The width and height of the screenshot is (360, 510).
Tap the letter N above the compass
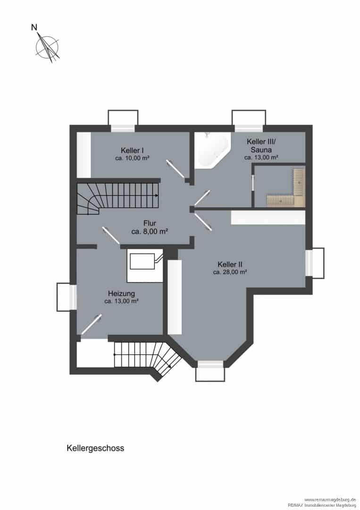click(34, 27)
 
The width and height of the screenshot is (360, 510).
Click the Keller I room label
click(132, 150)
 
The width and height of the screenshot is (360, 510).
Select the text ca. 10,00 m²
click(132, 158)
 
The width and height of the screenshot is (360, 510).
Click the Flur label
click(150, 223)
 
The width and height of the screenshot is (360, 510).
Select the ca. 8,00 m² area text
click(150, 231)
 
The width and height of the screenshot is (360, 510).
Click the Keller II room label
click(230, 264)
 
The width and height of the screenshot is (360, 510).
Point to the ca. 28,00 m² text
click(230, 272)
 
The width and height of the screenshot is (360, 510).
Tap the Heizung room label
click(122, 293)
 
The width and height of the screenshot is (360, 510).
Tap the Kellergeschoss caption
click(95, 448)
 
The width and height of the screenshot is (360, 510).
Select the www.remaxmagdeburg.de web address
click(330, 499)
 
